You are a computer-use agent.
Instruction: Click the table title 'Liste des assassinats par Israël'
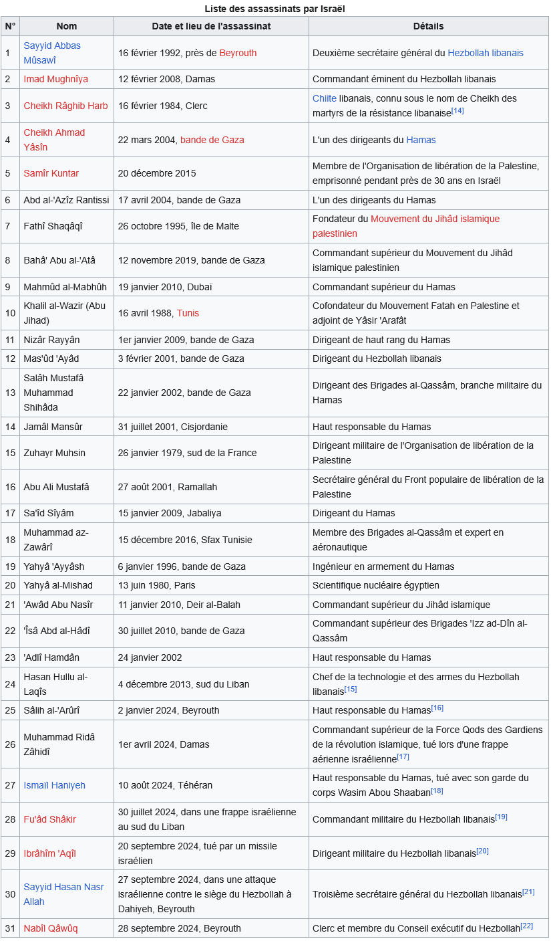tap(274, 9)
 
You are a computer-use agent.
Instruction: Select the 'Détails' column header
tap(428, 26)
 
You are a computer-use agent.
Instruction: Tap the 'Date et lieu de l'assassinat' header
tap(211, 26)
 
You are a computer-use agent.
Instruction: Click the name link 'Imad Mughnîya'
tap(55, 79)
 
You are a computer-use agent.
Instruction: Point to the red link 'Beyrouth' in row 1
tap(238, 53)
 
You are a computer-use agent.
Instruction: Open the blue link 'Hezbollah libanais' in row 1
tap(486, 53)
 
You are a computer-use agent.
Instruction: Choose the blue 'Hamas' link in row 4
tap(421, 140)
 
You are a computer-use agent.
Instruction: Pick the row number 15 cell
tap(10, 453)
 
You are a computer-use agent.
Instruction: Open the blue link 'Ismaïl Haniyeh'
tap(54, 785)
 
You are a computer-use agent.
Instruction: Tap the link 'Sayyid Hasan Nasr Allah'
tap(63, 894)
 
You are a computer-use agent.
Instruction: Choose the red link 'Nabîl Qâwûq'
tap(51, 928)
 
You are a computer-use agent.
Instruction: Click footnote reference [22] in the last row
tap(526, 926)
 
